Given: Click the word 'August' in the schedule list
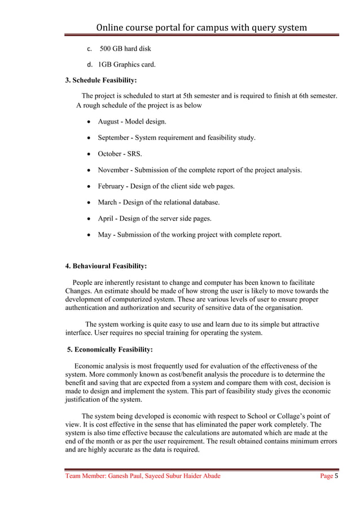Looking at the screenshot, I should click(109, 121).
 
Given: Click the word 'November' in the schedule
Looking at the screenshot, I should click(114, 170).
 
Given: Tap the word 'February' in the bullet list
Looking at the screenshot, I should click(112, 186).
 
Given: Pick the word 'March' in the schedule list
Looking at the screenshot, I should click(108, 202).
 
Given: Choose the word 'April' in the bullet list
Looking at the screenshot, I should click(107, 218).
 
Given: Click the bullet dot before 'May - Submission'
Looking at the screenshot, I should click(89, 235).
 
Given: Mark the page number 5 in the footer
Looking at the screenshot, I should click(336, 476).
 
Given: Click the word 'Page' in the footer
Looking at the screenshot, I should click(326, 476).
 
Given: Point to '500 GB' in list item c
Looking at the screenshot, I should click(112, 49).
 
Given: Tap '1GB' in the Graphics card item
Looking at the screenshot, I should click(106, 64).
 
